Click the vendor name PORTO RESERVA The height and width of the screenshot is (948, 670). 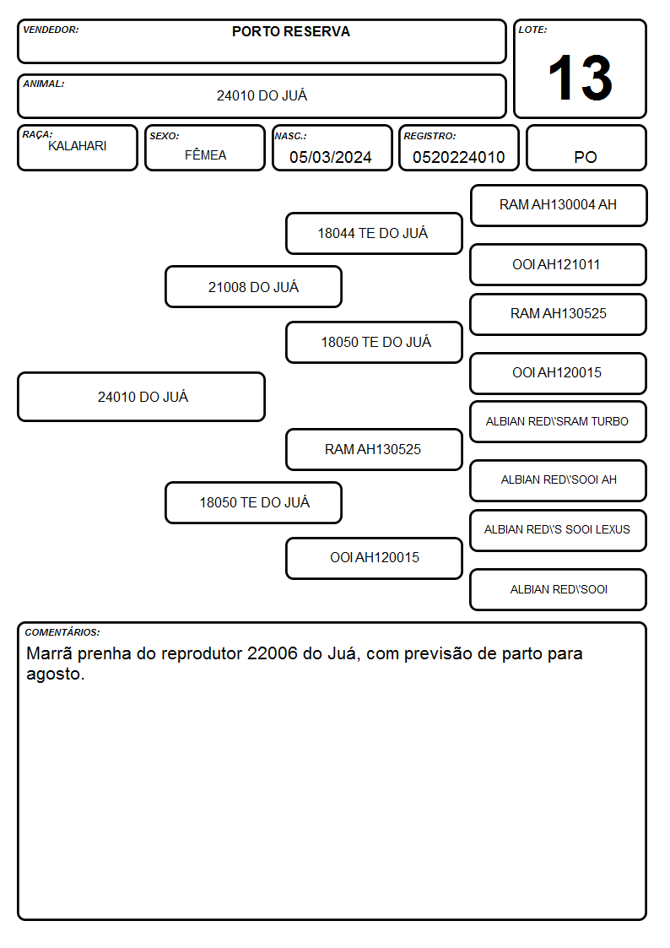[x=290, y=31]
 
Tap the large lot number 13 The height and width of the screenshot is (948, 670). [x=580, y=78]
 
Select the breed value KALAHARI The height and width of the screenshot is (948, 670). [x=78, y=146]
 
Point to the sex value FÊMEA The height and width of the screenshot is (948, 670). [x=205, y=154]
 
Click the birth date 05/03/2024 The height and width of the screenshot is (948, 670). [x=331, y=157]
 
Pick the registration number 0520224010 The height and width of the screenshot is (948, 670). [x=458, y=157]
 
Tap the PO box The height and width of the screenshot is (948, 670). [x=586, y=148]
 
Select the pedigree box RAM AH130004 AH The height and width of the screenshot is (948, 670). [x=559, y=206]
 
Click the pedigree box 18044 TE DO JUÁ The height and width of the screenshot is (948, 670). [x=374, y=233]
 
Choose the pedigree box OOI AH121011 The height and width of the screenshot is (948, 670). [x=559, y=265]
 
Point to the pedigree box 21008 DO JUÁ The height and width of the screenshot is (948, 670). [x=254, y=286]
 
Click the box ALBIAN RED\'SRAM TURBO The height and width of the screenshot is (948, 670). [x=559, y=422]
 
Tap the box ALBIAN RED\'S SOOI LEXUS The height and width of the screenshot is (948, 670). [x=559, y=530]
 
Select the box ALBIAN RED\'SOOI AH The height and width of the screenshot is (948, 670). [x=559, y=480]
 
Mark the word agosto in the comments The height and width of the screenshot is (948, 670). [x=56, y=674]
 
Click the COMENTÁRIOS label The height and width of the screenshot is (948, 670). [x=62, y=632]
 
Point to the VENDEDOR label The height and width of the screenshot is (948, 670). [x=51, y=30]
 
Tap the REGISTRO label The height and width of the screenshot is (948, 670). [x=430, y=136]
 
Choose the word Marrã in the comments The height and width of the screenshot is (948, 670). [x=49, y=653]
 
